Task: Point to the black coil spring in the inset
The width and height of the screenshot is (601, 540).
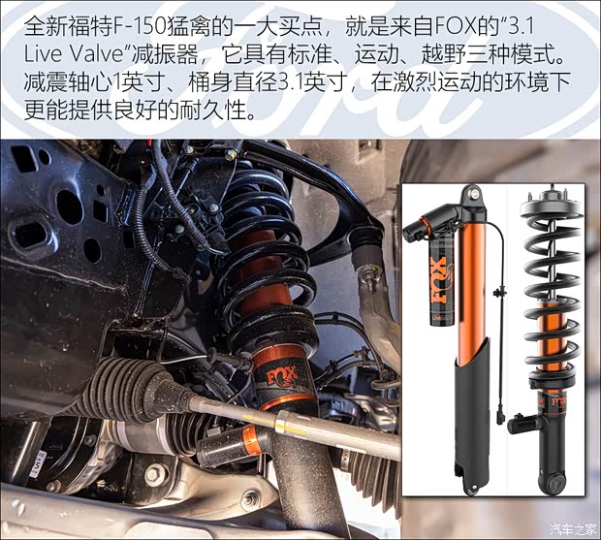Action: [x=549, y=262]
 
